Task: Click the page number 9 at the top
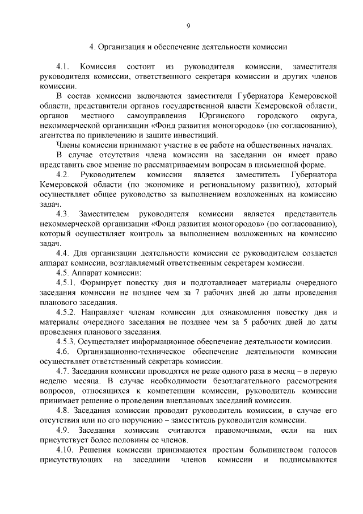pos(188,25)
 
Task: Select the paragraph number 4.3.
pos(64,214)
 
